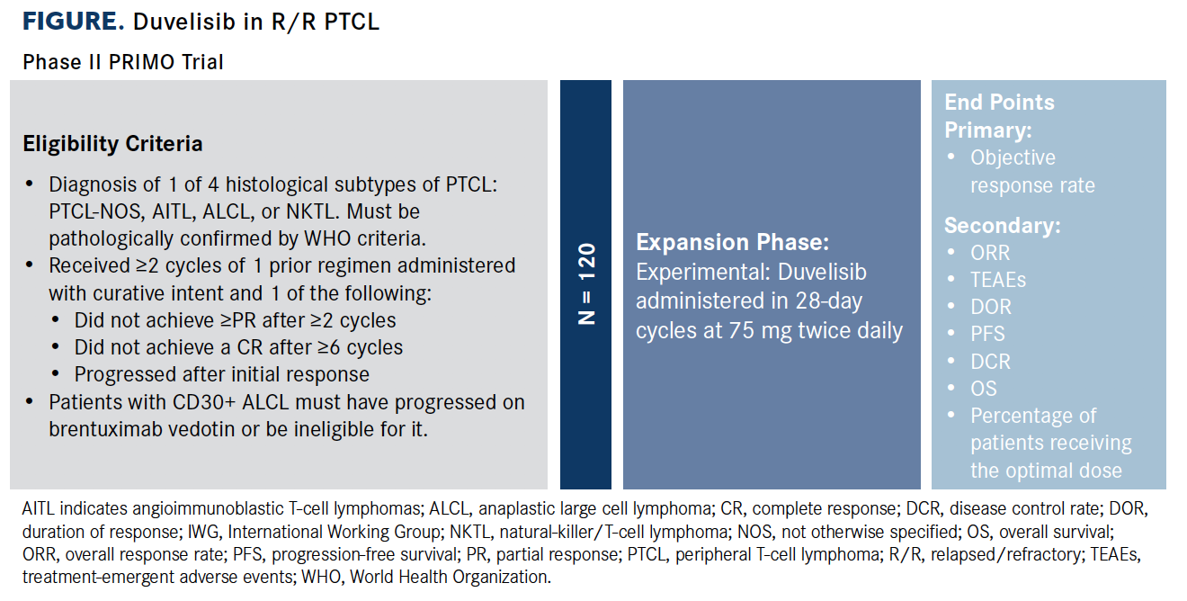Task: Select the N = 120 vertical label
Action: tap(586, 283)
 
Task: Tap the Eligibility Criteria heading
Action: tap(112, 144)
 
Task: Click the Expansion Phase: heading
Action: tap(732, 242)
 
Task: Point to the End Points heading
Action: tap(999, 103)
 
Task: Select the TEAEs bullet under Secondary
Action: tap(998, 280)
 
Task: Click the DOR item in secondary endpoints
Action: tap(991, 307)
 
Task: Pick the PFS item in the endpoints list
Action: tap(987, 334)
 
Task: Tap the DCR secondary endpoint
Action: tap(991, 362)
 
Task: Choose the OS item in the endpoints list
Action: tap(984, 389)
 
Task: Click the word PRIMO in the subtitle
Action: tap(140, 62)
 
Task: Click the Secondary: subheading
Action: tap(1003, 226)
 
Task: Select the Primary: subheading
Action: tap(988, 130)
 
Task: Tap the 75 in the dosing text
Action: tap(742, 331)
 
